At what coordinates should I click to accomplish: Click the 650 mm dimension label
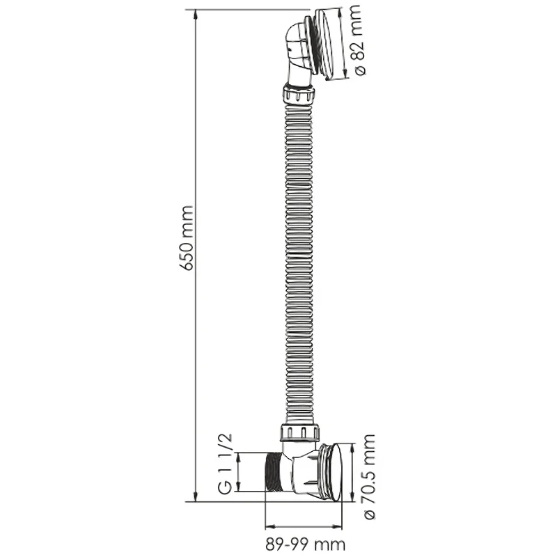point(187,238)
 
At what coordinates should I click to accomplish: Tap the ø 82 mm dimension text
point(356,40)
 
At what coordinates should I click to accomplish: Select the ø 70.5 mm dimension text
point(369,477)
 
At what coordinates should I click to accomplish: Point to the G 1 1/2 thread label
point(225,464)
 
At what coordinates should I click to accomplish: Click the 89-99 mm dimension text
point(305,544)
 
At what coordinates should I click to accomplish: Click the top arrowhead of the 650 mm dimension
point(196,15)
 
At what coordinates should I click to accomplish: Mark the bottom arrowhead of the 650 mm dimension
point(196,496)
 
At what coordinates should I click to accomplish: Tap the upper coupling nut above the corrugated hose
point(299,94)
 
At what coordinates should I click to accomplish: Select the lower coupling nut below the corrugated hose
point(299,432)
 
